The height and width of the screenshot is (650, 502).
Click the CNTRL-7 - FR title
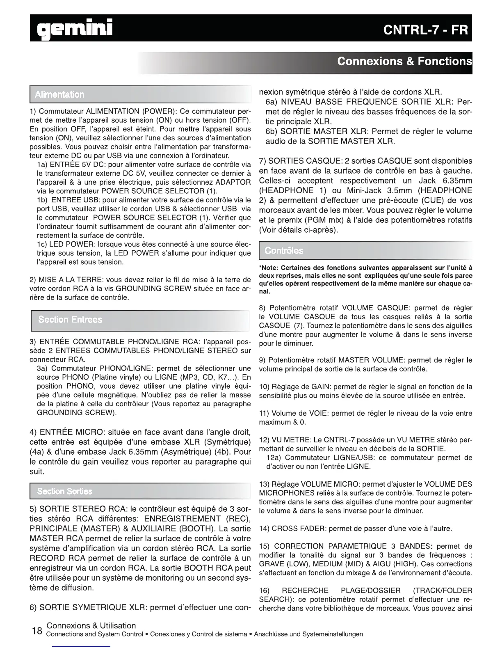(x=425, y=30)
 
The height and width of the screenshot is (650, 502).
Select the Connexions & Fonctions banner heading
(x=404, y=62)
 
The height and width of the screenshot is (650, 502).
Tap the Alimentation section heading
(x=59, y=95)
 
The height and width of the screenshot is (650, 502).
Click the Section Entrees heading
(x=70, y=320)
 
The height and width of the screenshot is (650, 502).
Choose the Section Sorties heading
(x=64, y=491)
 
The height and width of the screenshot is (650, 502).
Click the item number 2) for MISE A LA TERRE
(x=33, y=280)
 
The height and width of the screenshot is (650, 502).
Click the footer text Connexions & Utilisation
(x=91, y=625)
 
